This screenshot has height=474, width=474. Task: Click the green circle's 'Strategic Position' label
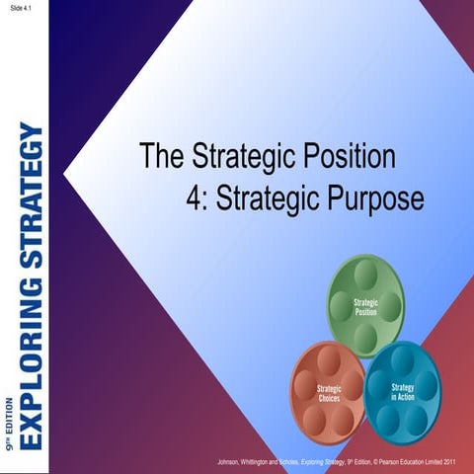pyautogui.click(x=366, y=305)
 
